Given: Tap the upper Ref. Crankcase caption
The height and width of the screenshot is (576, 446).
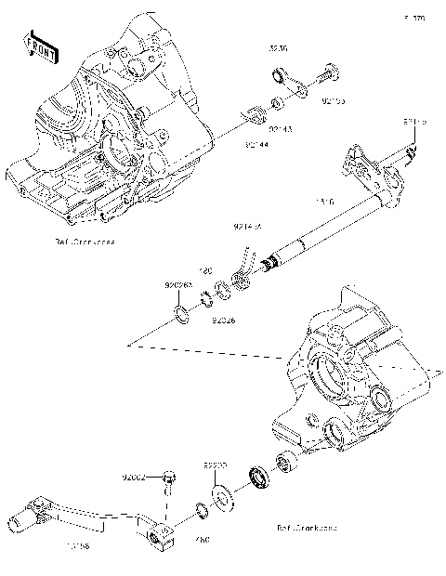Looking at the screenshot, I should (85, 241).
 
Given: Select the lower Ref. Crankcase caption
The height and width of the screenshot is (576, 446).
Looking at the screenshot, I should (306, 527).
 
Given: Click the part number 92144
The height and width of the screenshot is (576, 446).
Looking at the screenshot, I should (259, 144).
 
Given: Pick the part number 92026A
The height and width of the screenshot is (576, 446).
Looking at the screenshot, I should (179, 285).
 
